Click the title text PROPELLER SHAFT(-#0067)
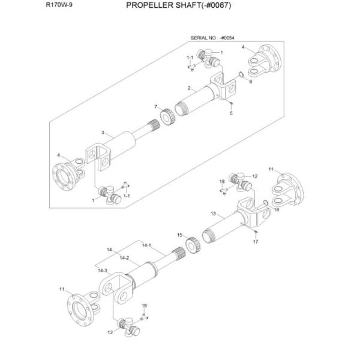178,6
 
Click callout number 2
189,89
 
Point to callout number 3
103,133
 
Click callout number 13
213,213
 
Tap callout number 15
179,235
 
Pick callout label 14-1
146,245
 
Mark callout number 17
256,242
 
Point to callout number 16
277,210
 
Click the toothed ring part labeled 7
167,113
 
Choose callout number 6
250,82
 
